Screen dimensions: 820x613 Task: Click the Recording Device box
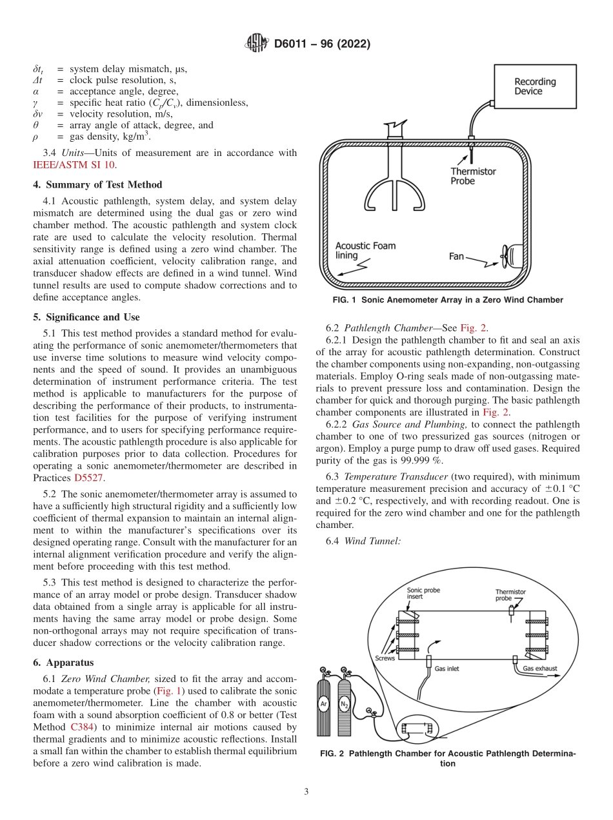[x=534, y=86]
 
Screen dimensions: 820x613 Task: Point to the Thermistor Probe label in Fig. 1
[x=473, y=176]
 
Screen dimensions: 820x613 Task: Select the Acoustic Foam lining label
[x=365, y=250]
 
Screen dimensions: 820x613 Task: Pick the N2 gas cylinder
[x=344, y=706]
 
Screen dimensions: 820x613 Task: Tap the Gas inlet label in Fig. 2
[x=447, y=669]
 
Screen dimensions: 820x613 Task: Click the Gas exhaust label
[x=539, y=669]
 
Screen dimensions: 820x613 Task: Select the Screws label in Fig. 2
[x=385, y=658]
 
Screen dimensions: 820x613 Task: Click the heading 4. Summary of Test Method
[x=97, y=184]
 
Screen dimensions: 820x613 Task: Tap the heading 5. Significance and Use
[x=86, y=317]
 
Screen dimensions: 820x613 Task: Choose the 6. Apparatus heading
[x=63, y=662]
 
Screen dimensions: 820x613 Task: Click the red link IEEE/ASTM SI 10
[x=74, y=165]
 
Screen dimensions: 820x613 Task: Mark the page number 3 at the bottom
[x=306, y=792]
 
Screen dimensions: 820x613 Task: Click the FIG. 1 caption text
[x=448, y=300]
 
